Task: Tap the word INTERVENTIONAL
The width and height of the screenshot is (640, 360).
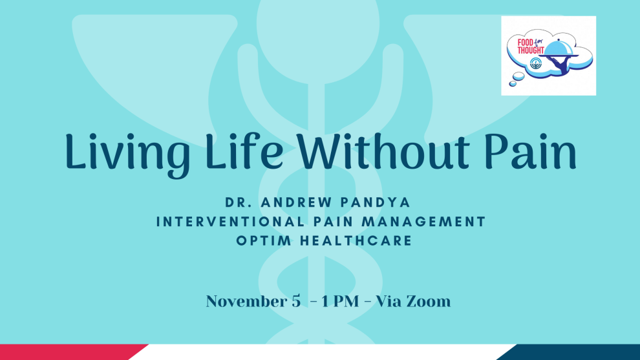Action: pos(231,222)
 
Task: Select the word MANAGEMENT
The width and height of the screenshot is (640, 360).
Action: pos(423,222)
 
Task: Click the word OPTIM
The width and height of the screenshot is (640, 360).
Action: pos(264,240)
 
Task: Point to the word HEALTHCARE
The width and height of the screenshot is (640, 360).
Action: pos(356,240)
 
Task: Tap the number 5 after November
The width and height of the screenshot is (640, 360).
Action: pos(296,302)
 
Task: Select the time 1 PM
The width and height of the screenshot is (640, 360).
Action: pos(340,301)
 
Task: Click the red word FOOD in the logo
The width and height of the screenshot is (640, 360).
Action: pos(525,43)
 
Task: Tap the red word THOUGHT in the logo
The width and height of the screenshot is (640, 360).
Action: pos(531,50)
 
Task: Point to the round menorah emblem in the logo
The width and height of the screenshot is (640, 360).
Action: pos(536,64)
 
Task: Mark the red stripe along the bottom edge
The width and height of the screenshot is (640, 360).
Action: pos(69,352)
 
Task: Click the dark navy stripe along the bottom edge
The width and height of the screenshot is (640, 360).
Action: pos(571,352)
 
